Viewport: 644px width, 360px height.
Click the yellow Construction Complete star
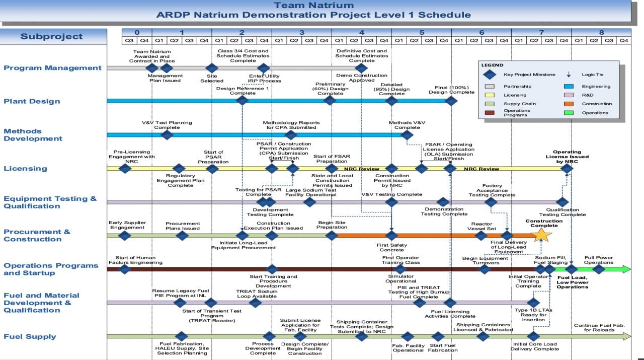click(x=542, y=235)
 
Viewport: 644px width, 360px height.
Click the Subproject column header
click(x=51, y=37)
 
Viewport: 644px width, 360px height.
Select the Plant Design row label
click(x=32, y=101)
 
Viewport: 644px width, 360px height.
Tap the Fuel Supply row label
click(x=30, y=337)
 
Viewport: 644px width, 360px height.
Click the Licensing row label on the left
click(x=25, y=169)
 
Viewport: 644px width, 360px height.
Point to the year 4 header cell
click(x=362, y=32)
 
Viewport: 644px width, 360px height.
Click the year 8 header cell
click(x=601, y=32)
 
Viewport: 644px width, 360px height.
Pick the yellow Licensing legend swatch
click(x=489, y=95)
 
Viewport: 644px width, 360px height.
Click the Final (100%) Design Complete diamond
click(x=451, y=101)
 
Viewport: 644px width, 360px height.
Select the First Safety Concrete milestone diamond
click(x=391, y=235)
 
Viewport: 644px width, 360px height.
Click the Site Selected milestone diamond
click(x=212, y=68)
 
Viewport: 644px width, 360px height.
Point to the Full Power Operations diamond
click(x=599, y=269)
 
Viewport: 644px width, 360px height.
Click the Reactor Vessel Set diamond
click(x=481, y=235)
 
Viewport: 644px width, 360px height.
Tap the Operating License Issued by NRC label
click(x=567, y=157)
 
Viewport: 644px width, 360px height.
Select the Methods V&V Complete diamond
click(x=407, y=135)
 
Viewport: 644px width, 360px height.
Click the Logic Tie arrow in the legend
click(x=569, y=75)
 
